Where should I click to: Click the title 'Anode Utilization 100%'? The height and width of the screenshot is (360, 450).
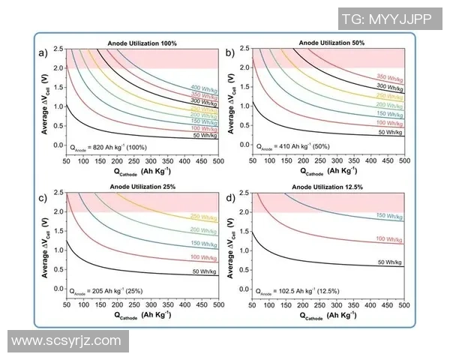[142, 44]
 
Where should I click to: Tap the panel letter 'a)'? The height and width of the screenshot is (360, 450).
[43, 52]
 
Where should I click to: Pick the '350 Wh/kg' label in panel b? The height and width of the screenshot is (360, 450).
[390, 77]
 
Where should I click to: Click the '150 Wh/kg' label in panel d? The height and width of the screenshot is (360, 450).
[390, 216]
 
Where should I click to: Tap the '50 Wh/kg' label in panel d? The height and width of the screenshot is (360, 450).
[390, 262]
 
